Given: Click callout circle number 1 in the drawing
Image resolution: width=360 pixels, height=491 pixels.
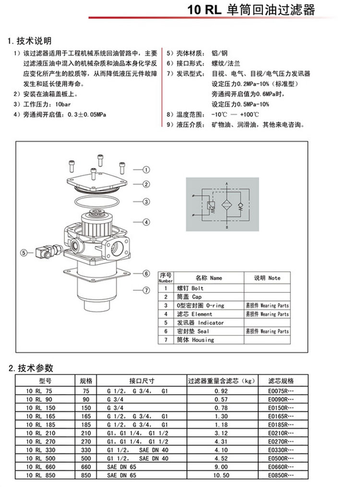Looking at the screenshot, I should click(x=146, y=169).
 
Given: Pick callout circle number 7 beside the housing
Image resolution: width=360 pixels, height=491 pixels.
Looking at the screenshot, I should click(x=146, y=290).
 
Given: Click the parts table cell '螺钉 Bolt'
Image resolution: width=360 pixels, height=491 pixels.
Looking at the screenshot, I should click(x=191, y=288).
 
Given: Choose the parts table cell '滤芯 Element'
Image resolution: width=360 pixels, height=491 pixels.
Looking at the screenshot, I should click(x=195, y=314).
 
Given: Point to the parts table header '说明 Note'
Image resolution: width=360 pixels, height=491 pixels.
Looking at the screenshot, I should click(x=267, y=278).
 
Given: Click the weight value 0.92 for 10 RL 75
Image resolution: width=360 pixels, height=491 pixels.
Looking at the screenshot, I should click(x=221, y=391).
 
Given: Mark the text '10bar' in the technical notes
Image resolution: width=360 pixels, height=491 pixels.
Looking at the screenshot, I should click(x=63, y=104).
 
